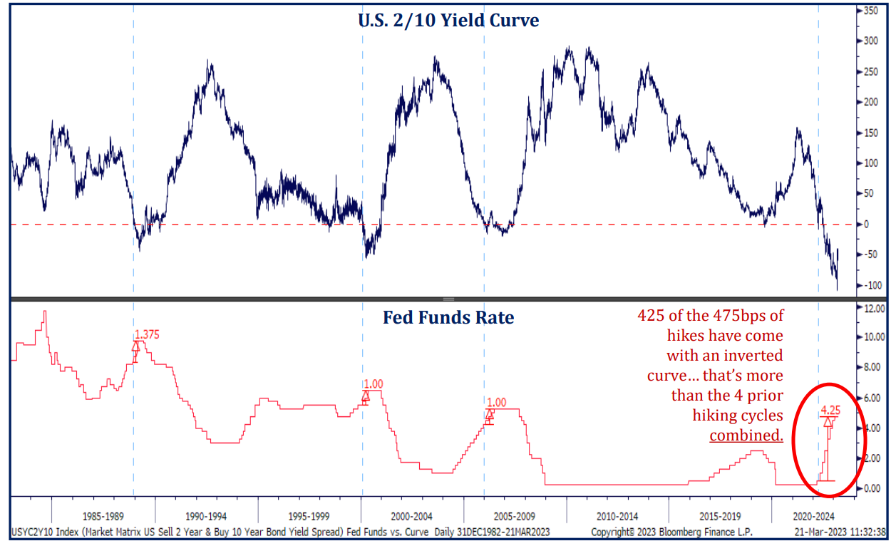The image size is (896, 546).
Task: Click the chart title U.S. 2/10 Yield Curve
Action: [448, 20]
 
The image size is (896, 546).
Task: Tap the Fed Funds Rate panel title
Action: [448, 317]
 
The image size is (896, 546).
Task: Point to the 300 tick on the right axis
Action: [870, 41]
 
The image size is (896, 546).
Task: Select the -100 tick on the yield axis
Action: [870, 285]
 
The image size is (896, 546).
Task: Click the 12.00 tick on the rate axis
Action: [874, 309]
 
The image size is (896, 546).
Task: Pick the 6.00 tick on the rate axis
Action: [874, 398]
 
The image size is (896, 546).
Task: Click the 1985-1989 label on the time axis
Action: [103, 515]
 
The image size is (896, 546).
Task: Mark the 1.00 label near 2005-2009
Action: [497, 403]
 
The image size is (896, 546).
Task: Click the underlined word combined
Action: [746, 435]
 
